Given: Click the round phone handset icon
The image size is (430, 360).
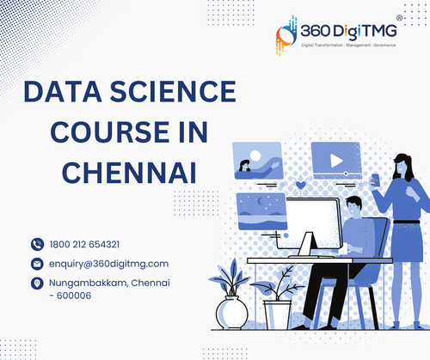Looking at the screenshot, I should click(37, 244).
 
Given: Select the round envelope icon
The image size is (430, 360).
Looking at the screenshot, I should click(37, 263).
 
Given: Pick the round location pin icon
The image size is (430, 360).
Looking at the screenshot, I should click(37, 283).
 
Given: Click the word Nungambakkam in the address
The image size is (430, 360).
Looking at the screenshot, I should click(89, 283).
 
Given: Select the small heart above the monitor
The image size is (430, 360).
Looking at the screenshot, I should click(300, 184).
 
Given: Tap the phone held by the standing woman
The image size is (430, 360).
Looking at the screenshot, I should click(375, 179).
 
